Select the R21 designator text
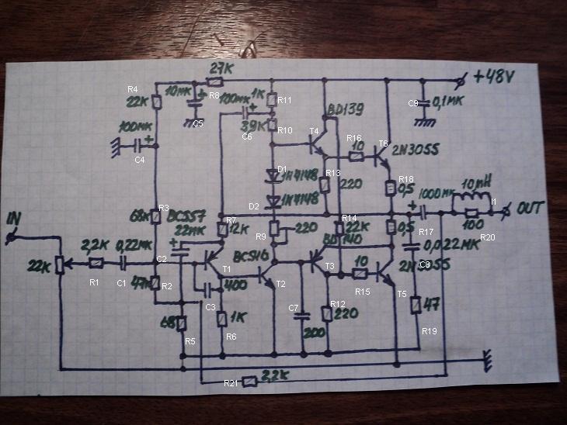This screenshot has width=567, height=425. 231,383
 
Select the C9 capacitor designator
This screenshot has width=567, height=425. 413,103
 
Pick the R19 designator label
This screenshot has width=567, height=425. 430,331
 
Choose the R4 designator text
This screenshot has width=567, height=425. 132,89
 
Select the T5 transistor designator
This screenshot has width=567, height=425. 402,294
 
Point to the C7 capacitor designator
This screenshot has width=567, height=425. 294,309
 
